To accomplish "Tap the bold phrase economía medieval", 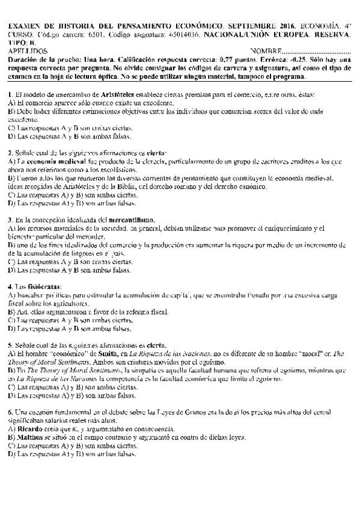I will click(51, 162).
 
